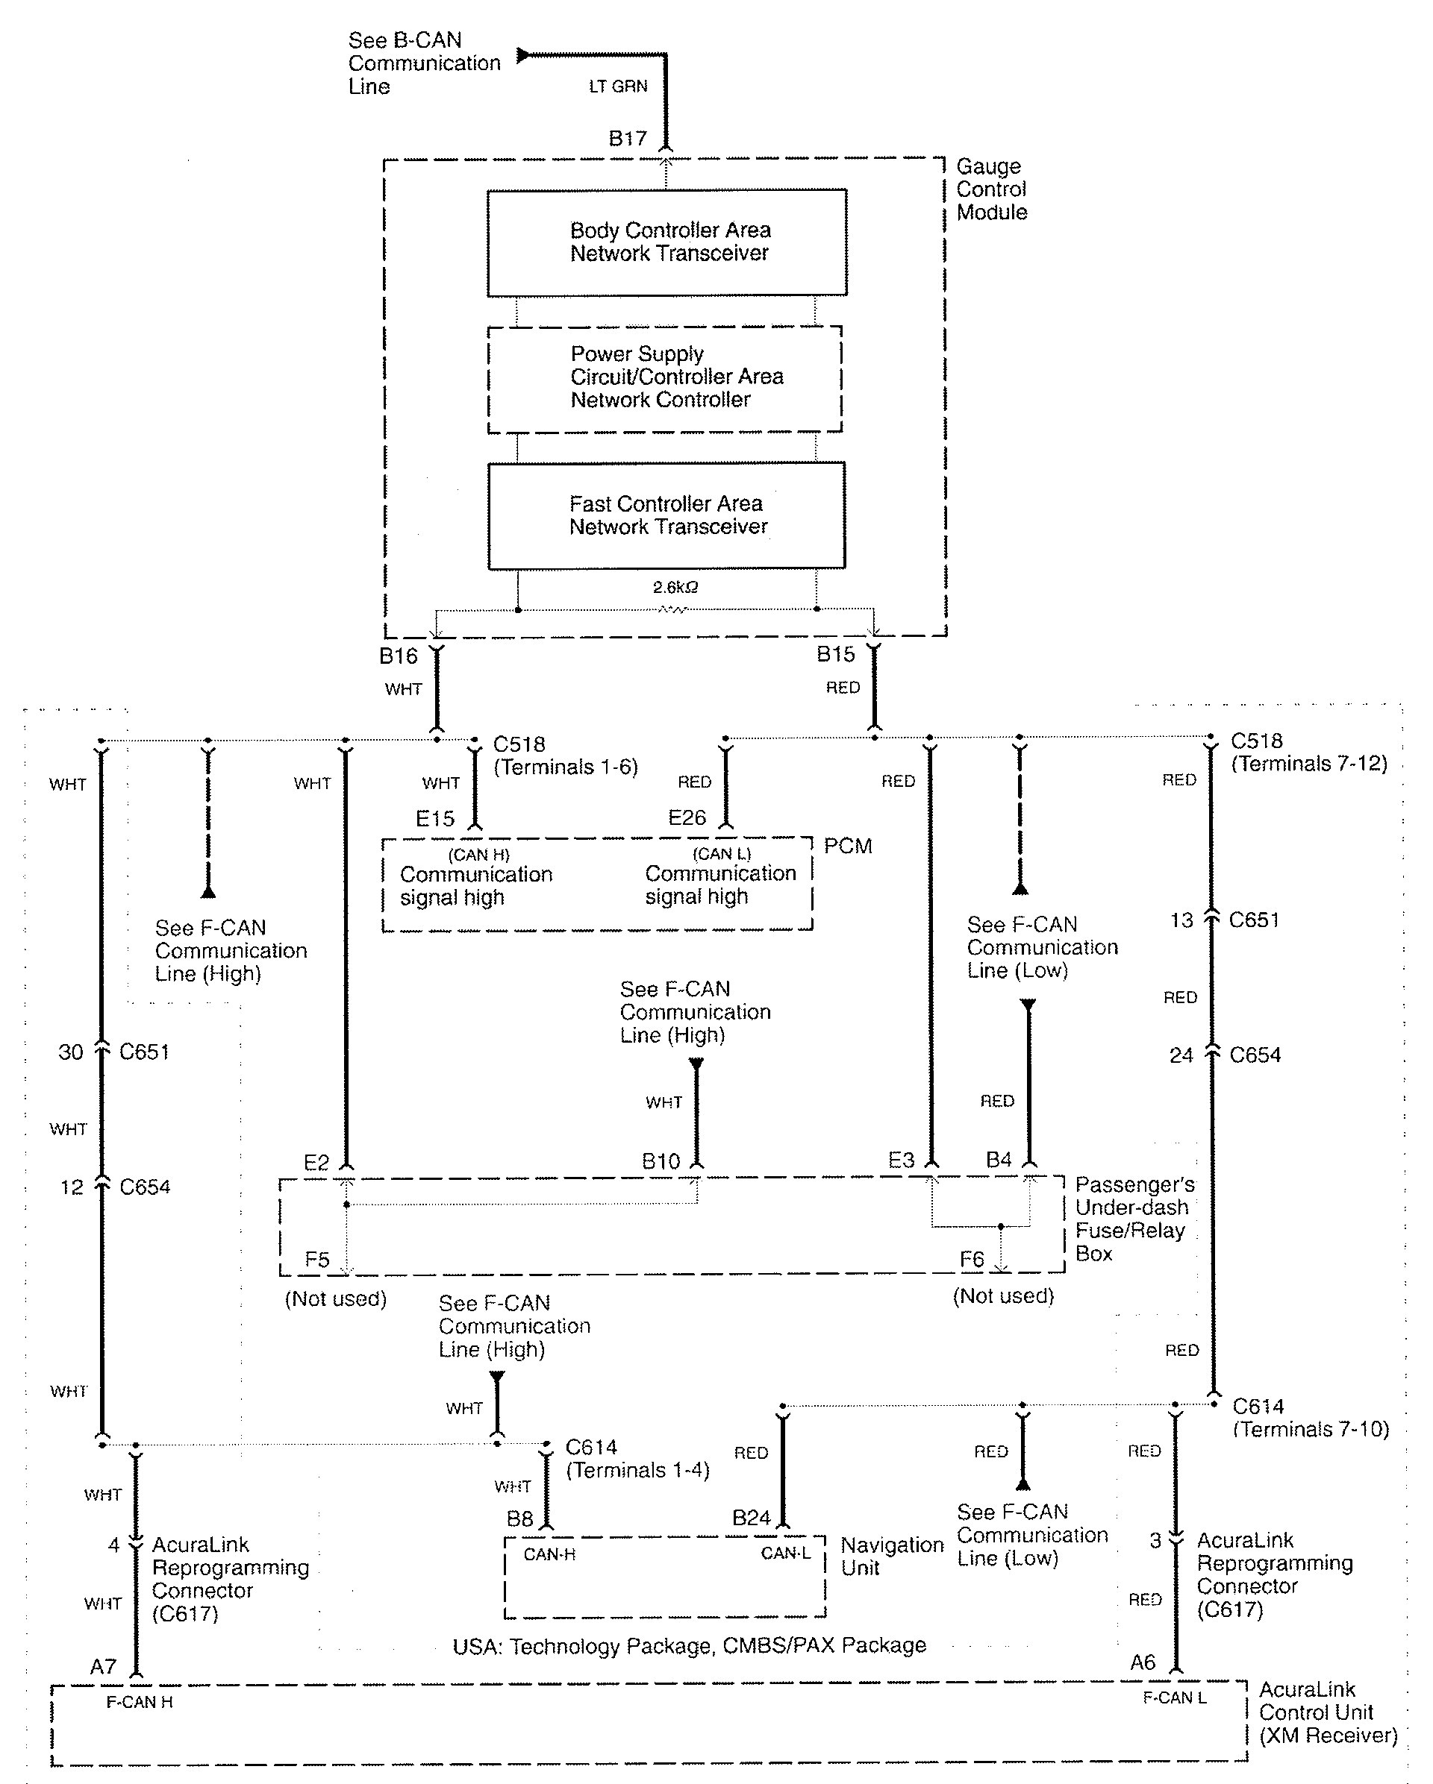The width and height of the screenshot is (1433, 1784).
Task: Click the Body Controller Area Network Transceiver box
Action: click(x=666, y=242)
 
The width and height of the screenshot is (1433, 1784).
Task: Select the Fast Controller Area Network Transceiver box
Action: click(x=666, y=515)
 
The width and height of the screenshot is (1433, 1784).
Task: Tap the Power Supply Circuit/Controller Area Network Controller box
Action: click(x=665, y=377)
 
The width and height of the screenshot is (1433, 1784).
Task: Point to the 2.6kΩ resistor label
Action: click(x=675, y=588)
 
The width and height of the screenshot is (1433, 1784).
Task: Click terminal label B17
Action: click(x=628, y=138)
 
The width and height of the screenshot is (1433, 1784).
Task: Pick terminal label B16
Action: click(x=399, y=656)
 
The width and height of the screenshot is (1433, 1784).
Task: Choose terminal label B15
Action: click(x=835, y=655)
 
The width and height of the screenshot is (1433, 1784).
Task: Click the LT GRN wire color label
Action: click(x=617, y=86)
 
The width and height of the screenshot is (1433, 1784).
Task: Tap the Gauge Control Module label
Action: click(x=991, y=189)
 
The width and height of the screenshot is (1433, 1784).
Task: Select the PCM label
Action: click(x=848, y=846)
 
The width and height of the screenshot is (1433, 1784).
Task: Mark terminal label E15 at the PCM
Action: click(x=434, y=818)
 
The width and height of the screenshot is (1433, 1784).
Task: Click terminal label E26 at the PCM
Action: click(x=687, y=817)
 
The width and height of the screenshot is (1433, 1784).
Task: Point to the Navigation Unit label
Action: click(x=892, y=1556)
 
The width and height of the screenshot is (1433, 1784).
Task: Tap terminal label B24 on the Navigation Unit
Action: click(x=751, y=1518)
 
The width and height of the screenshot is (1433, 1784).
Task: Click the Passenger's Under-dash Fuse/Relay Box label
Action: click(x=1133, y=1218)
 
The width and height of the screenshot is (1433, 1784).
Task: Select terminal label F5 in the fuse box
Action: click(x=317, y=1260)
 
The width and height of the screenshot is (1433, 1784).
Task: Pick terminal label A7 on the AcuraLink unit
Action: click(x=104, y=1666)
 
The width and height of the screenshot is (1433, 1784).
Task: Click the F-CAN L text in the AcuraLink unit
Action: click(x=1174, y=1697)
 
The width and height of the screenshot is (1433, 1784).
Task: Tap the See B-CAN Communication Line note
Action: click(x=424, y=63)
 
